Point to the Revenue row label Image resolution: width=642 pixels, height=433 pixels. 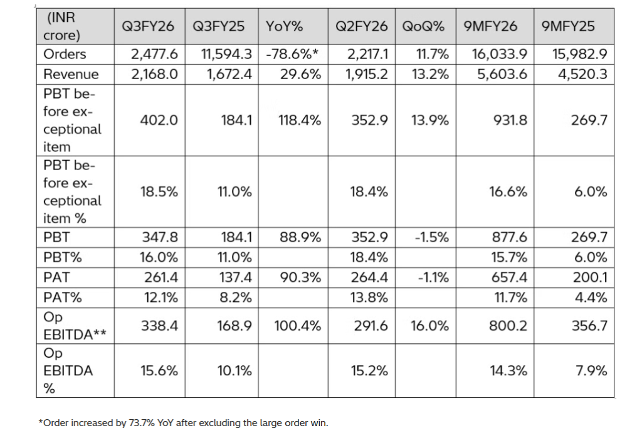click(x=71, y=74)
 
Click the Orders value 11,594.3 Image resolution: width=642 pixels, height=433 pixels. click(x=226, y=55)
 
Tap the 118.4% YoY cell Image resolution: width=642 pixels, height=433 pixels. click(x=300, y=120)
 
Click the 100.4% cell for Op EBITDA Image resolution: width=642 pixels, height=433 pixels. click(x=298, y=326)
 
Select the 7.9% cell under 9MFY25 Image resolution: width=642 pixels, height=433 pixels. click(x=591, y=370)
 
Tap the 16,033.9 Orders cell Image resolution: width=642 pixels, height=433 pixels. click(x=500, y=55)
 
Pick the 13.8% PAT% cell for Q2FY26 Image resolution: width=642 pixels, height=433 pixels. click(x=369, y=297)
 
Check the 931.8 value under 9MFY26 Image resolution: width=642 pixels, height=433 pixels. click(x=510, y=120)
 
